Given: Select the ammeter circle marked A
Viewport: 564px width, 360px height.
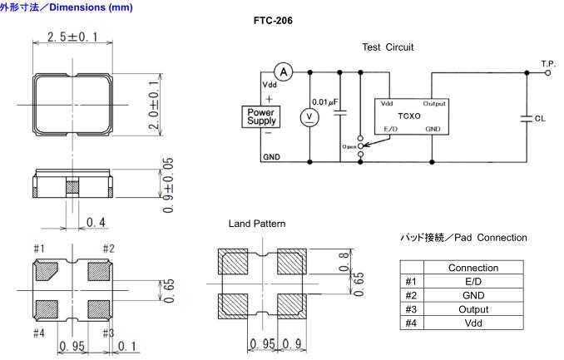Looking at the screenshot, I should coord(282,72).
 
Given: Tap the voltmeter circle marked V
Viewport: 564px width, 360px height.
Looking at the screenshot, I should coord(309,116).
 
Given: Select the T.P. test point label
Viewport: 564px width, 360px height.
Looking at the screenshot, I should coord(548,63).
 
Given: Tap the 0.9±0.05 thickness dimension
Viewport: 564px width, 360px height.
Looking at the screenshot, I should coord(168,185).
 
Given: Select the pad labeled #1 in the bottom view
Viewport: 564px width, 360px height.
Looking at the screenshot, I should coord(48,272).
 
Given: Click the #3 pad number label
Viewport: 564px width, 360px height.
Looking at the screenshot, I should coord(107,333).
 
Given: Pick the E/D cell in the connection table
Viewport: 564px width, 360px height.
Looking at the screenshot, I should coord(472,282).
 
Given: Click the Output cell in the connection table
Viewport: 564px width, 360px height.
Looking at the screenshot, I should coord(472,309).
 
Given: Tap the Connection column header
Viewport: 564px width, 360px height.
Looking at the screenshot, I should coord(472,268).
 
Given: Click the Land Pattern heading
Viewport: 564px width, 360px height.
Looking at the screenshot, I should coord(256,224).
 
